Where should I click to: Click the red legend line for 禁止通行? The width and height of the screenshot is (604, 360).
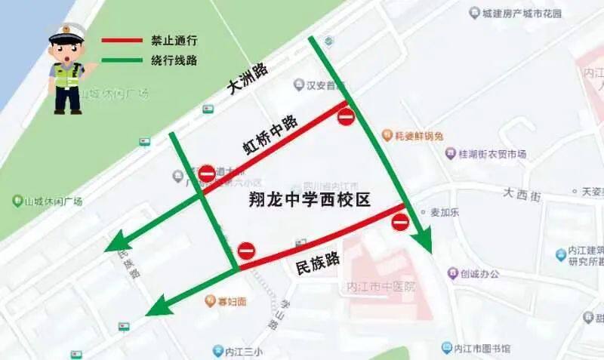click(122, 40)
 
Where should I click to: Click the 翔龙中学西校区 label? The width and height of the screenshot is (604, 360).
click(309, 200)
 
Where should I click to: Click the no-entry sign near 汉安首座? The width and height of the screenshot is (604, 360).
click(346, 117)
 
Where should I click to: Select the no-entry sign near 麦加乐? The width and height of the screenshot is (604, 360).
click(400, 222)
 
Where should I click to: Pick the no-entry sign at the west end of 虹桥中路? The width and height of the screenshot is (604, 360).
click(206, 174)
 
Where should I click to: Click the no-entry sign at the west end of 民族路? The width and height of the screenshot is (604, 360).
click(246, 251)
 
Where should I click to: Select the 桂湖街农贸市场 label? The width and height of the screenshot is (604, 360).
click(492, 154)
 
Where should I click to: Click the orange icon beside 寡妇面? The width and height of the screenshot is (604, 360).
click(211, 302)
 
